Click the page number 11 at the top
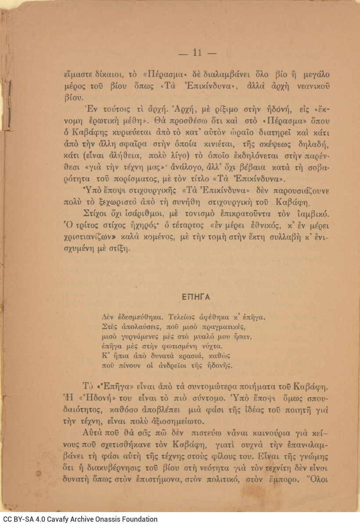(x=197, y=53)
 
